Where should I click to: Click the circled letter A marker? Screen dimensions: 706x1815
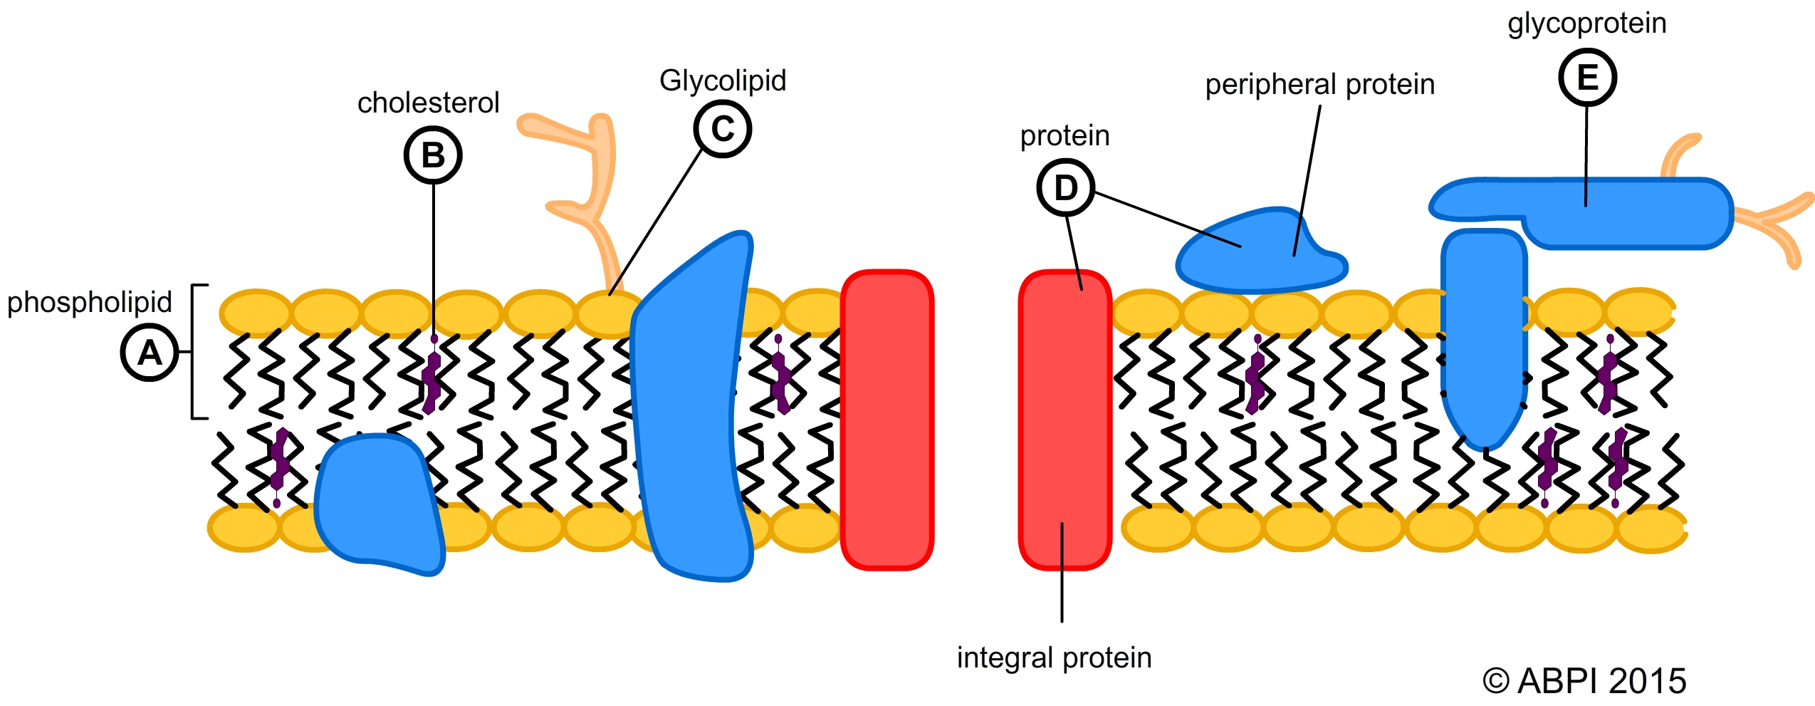click(150, 353)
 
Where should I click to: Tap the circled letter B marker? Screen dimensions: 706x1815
click(433, 155)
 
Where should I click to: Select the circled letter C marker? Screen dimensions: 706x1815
click(723, 129)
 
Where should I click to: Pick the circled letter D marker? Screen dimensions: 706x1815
click(1065, 188)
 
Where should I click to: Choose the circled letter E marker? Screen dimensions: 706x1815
click(1587, 78)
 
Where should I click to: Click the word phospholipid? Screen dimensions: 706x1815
click(89, 302)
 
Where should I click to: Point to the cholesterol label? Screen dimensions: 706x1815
click(428, 103)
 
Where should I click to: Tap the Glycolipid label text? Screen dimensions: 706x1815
click(723, 81)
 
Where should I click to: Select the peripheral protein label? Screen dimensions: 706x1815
click(1319, 85)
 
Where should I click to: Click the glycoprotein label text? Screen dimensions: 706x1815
click(1586, 24)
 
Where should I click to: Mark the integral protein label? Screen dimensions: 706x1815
click(1054, 658)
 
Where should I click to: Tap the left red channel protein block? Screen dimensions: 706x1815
click(887, 420)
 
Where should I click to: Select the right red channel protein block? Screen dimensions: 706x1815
click(1065, 420)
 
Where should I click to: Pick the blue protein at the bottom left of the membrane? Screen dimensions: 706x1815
click(377, 502)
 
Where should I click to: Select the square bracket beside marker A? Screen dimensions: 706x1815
click(194, 352)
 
